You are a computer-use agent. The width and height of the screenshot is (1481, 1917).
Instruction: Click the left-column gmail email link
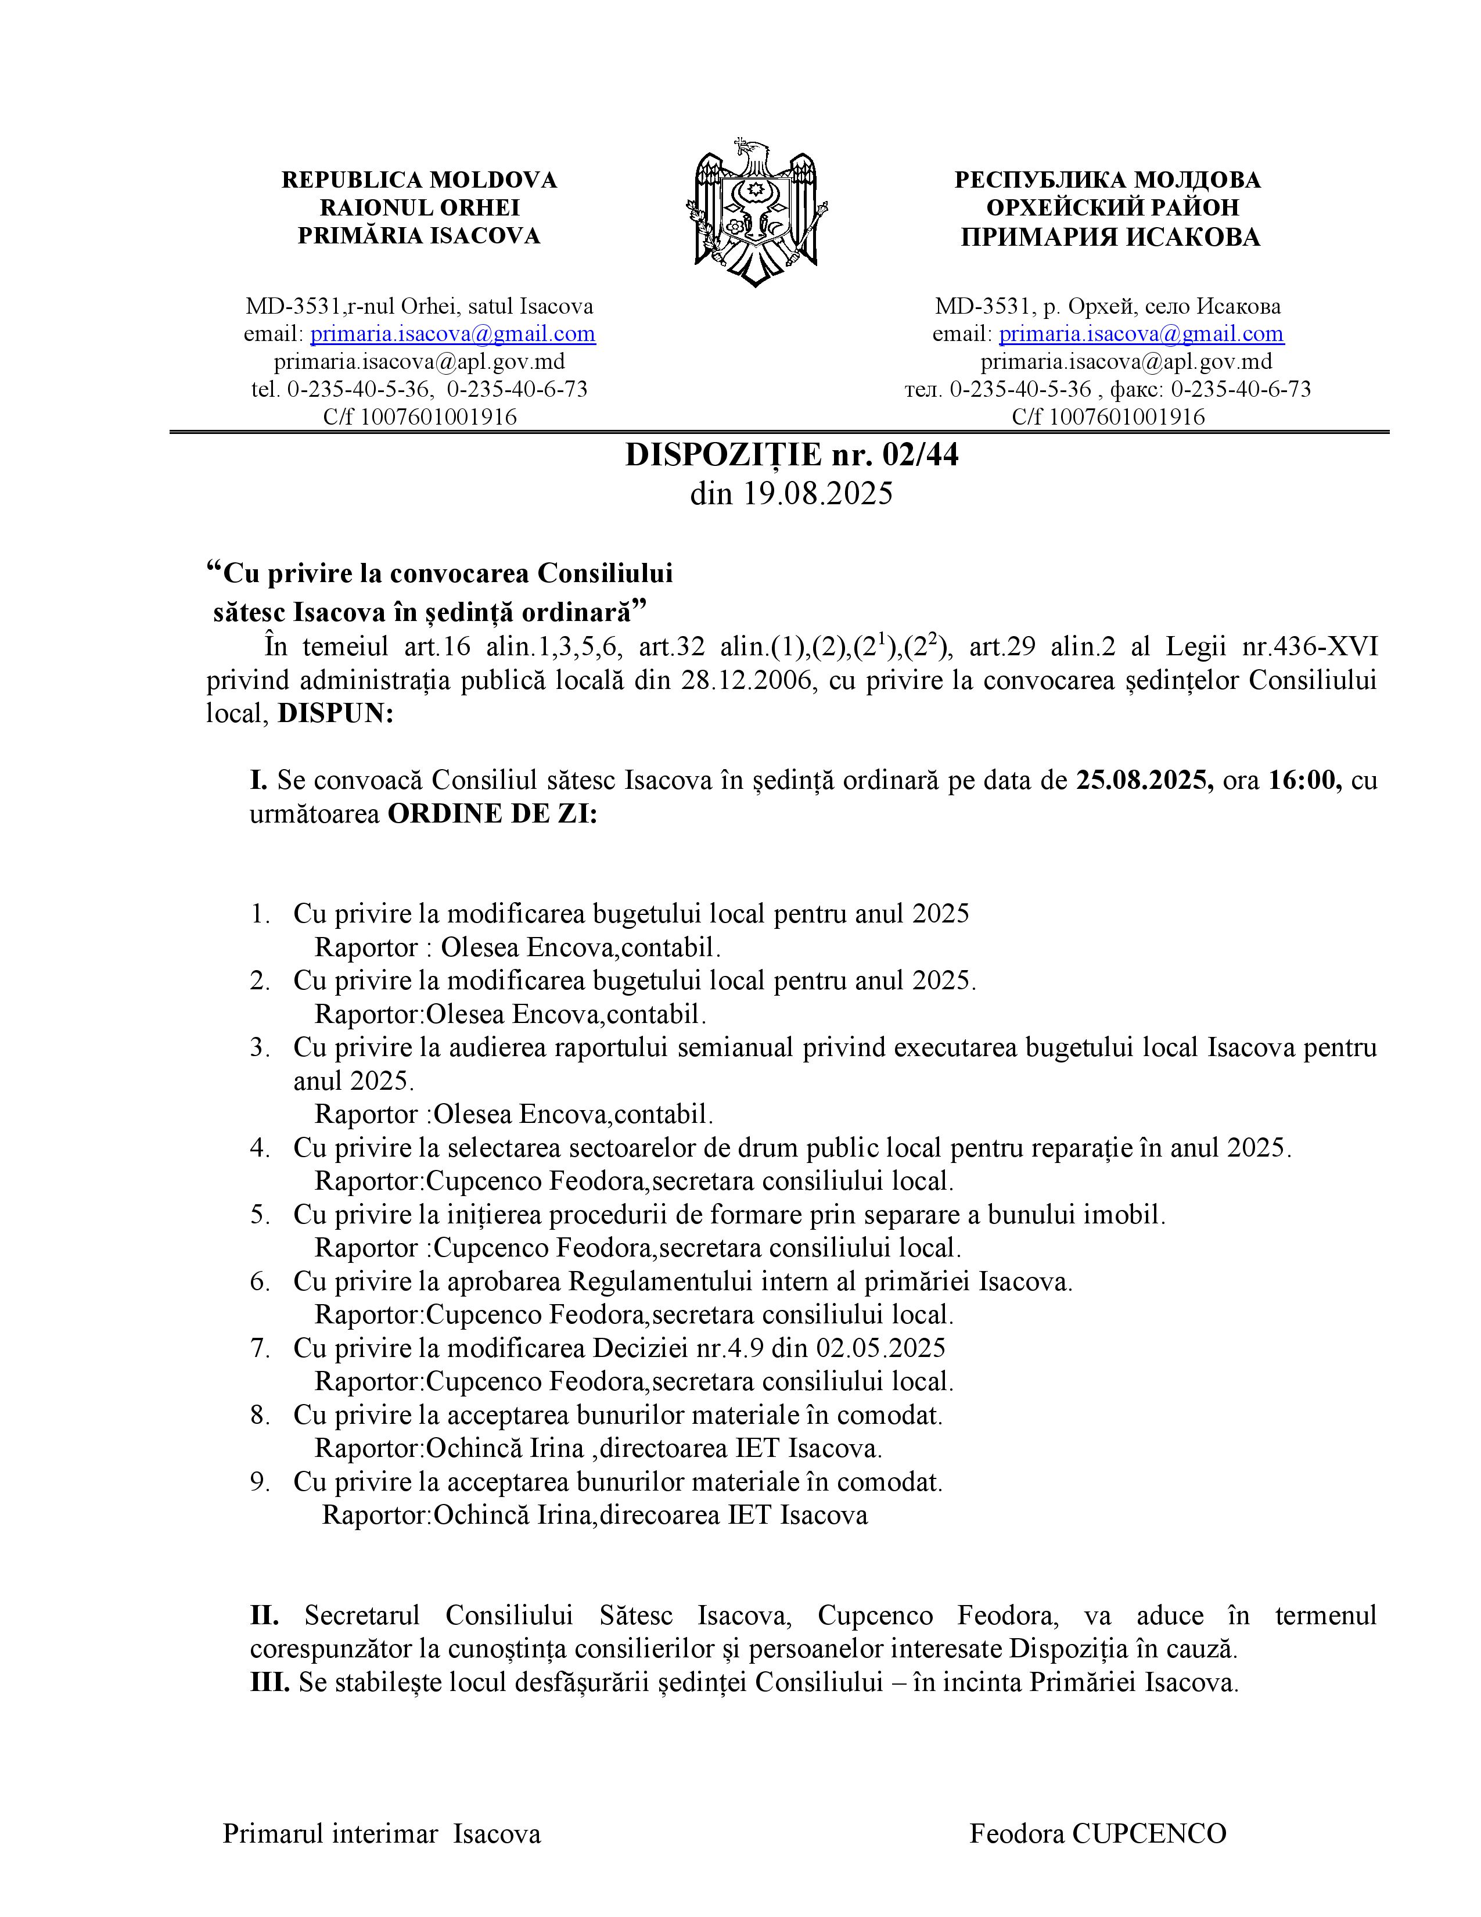[453, 333]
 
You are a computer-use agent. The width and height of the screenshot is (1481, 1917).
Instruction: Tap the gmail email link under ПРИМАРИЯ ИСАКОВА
[1141, 333]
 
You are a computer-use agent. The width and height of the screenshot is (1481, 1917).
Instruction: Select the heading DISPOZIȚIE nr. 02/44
[792, 455]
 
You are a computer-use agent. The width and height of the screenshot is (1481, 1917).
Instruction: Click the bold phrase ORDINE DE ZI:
[492, 814]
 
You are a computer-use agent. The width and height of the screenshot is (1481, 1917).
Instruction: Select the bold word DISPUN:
[335, 713]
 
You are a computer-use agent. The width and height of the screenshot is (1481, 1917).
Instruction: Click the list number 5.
[259, 1215]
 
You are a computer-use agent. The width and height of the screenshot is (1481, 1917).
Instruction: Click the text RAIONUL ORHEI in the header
[419, 208]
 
